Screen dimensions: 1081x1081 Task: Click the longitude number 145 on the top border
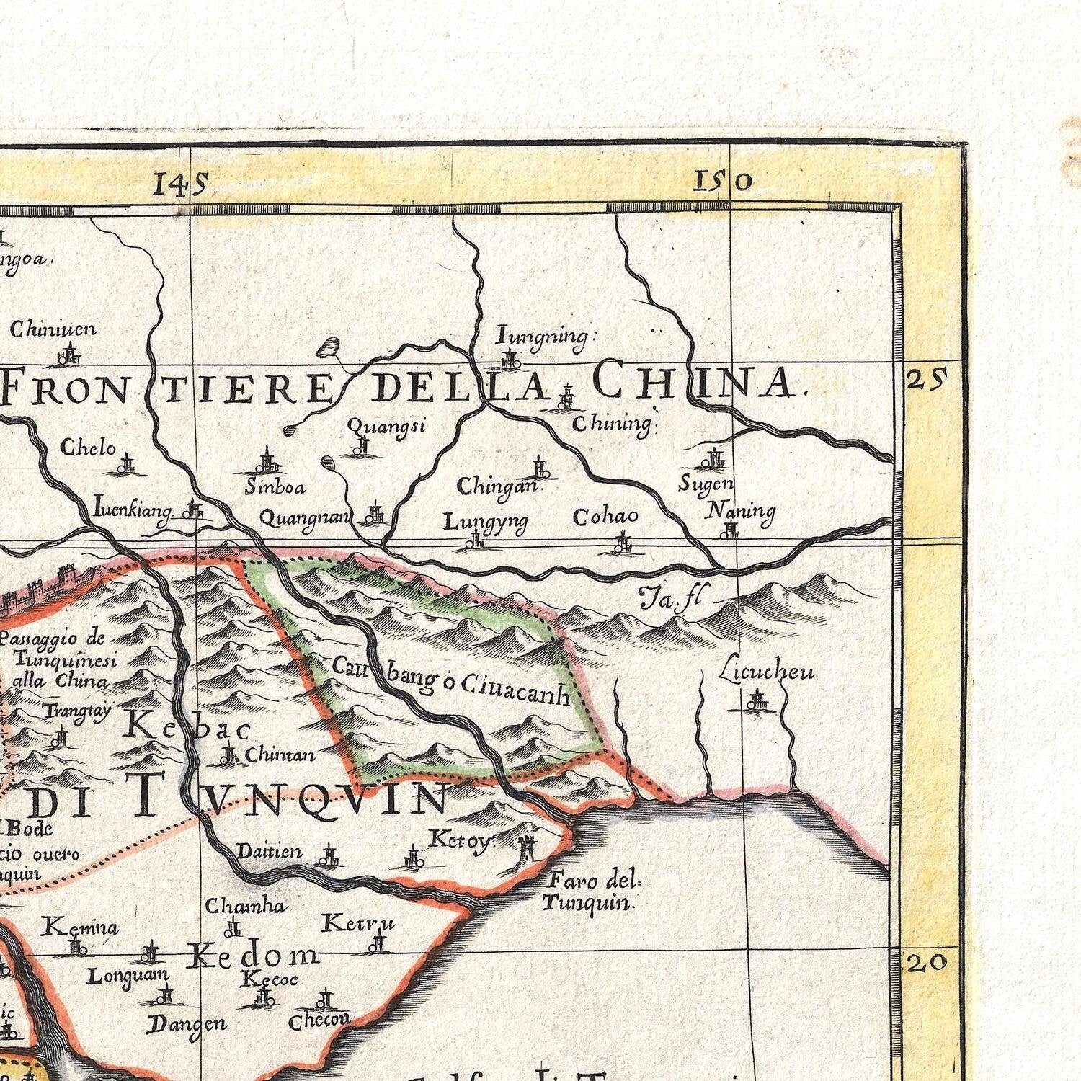tap(180, 184)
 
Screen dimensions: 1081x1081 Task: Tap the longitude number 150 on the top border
tap(722, 181)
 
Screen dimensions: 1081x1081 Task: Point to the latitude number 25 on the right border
tap(926, 378)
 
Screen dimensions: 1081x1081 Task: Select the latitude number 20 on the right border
tap(926, 962)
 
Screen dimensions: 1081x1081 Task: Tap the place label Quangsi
tap(386, 426)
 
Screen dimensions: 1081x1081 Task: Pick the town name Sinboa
tap(275, 487)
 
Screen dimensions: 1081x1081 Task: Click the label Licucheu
tap(767, 671)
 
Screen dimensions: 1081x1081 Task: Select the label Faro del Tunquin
tap(591, 891)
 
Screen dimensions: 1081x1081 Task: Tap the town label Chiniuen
tap(53, 329)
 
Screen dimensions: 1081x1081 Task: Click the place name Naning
tap(739, 511)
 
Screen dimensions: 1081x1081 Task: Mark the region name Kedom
tap(252, 956)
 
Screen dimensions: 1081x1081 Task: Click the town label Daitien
tap(270, 852)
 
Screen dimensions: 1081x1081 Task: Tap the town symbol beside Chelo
tap(129, 465)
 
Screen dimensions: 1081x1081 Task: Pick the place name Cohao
tap(605, 516)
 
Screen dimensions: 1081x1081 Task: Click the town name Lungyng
tap(485, 521)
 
